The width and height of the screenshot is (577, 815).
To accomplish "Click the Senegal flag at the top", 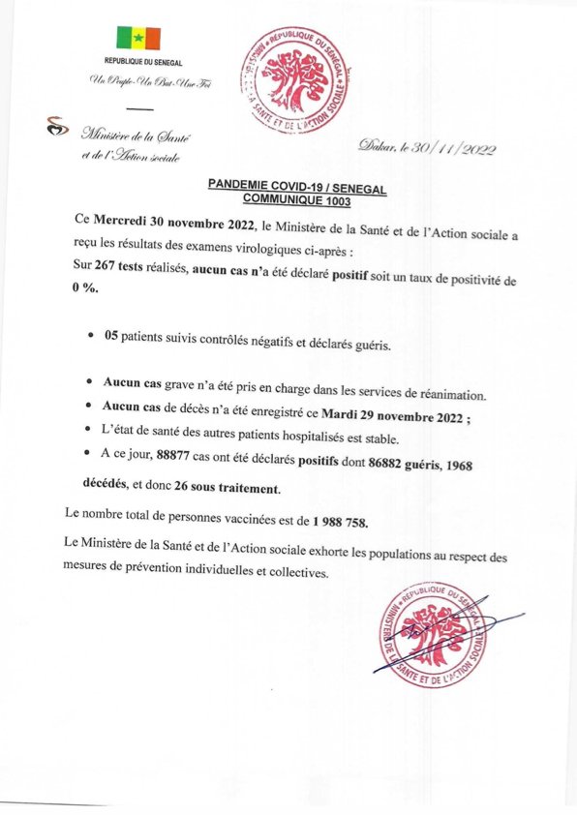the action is [x=138, y=38].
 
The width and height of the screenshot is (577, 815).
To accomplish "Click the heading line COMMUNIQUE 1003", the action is [x=297, y=201].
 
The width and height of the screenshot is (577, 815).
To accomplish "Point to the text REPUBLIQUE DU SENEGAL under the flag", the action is [x=138, y=61].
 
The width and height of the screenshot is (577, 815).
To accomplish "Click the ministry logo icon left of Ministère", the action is [x=59, y=127].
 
